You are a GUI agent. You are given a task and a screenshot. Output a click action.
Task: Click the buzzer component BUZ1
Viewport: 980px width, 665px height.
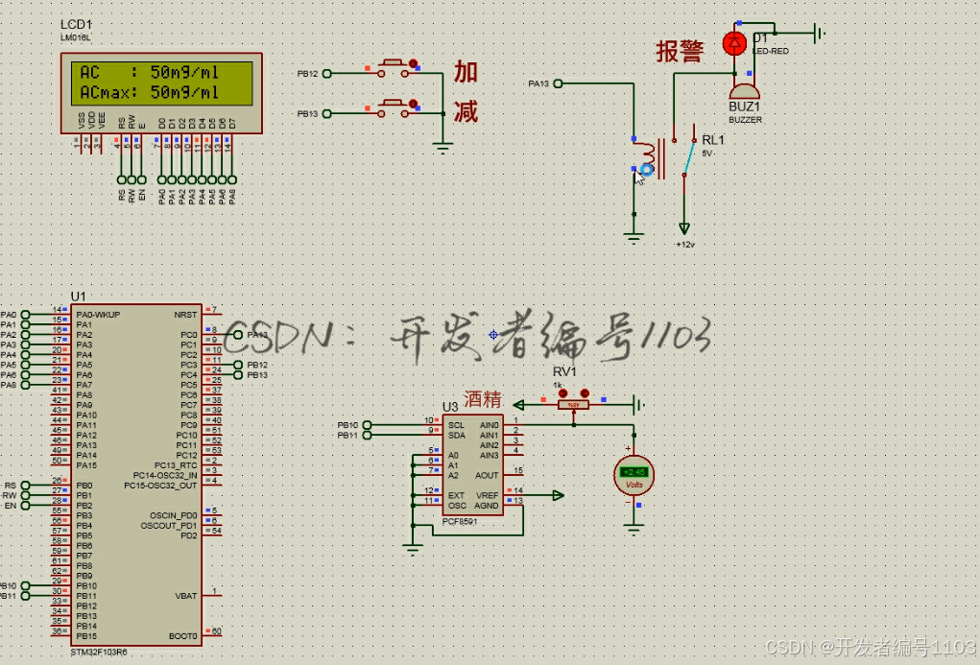[x=745, y=87]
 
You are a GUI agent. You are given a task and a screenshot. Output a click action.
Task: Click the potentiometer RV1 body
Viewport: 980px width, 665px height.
[x=573, y=404]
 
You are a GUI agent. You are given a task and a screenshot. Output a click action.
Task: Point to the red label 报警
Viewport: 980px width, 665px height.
[x=680, y=52]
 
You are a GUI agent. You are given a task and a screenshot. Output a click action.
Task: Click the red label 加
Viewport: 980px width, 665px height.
[x=466, y=72]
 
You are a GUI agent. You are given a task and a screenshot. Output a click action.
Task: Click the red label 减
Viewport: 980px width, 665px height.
[x=466, y=112]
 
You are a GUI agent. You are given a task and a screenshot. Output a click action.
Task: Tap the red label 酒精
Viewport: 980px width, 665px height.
[x=483, y=399]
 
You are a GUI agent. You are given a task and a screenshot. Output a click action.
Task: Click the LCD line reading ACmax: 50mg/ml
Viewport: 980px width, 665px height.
[x=150, y=92]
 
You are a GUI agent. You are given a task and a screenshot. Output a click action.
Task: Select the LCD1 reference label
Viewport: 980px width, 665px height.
[x=76, y=24]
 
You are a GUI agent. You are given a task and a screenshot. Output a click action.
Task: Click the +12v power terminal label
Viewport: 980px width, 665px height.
[x=684, y=245]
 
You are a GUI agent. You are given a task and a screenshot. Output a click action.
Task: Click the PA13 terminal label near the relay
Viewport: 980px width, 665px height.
[x=538, y=84]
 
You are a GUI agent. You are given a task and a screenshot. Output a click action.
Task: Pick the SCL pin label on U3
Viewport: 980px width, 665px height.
[x=456, y=424]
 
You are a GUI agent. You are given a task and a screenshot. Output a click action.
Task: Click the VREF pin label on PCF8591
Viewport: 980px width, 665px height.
[x=488, y=495]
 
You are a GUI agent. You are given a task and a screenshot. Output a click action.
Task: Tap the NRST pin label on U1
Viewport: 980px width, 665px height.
[x=185, y=314]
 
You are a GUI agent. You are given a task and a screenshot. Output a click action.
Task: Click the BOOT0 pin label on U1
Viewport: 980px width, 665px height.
[x=184, y=636]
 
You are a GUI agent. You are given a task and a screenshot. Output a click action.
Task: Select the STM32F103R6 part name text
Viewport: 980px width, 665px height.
[x=99, y=652]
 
